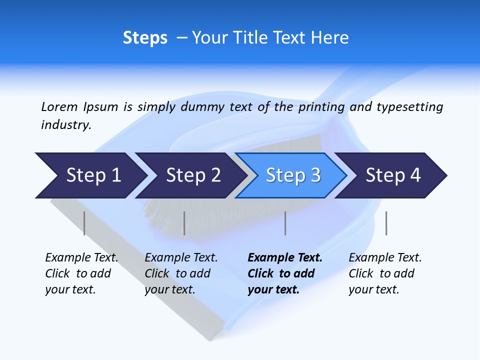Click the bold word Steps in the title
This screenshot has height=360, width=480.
pyautogui.click(x=145, y=38)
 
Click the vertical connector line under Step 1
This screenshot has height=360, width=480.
pyautogui.click(x=84, y=223)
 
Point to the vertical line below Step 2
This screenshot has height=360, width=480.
pyautogui.click(x=184, y=223)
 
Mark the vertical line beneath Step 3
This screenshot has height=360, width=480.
pyautogui.click(x=285, y=223)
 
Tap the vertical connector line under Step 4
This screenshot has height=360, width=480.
pyautogui.click(x=386, y=223)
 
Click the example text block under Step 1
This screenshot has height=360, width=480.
pyautogui.click(x=81, y=273)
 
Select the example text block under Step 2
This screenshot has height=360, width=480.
pyautogui.click(x=181, y=273)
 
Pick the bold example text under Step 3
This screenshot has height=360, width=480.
pyautogui.click(x=285, y=273)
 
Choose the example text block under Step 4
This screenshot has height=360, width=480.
pyautogui.click(x=385, y=273)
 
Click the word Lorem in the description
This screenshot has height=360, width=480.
pyautogui.click(x=59, y=106)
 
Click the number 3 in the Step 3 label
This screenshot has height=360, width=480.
pyautogui.click(x=315, y=175)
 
